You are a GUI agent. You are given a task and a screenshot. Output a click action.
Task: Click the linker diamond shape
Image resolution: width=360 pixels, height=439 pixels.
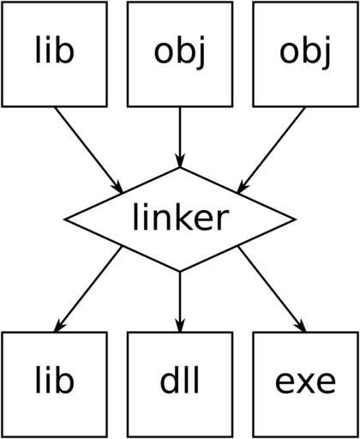point(180,219)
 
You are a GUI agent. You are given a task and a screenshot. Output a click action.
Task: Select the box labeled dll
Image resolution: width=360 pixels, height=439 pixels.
point(180,384)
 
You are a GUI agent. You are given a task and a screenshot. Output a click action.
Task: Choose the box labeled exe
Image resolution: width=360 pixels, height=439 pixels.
point(306,384)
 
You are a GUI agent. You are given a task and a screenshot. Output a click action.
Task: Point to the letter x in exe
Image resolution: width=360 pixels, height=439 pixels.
point(306,382)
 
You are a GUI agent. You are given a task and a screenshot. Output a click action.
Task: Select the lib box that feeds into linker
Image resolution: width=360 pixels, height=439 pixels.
point(54,54)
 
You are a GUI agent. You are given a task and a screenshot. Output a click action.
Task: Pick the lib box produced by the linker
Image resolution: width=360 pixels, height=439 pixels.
point(54,384)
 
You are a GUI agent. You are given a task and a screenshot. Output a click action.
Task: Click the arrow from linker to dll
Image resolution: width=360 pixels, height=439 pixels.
point(180,302)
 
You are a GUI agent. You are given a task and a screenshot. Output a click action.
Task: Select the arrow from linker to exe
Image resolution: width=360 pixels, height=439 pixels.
point(272,289)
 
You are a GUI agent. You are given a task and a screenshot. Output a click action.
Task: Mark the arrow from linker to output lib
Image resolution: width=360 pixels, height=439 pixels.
point(88,289)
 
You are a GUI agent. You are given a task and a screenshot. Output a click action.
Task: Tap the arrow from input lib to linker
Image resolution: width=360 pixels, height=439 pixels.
point(88,150)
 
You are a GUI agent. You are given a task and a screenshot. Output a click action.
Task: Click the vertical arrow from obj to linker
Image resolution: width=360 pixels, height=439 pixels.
point(180,137)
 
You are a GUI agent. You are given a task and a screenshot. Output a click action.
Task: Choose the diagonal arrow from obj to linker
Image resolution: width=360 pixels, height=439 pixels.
point(271,150)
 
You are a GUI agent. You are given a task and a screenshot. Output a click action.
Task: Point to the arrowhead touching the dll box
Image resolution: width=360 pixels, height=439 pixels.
point(180,325)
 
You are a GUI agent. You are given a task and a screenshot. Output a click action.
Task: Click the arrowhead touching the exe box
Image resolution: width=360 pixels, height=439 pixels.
point(302,327)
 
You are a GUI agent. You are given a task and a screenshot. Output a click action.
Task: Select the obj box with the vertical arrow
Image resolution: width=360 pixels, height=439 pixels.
point(180,54)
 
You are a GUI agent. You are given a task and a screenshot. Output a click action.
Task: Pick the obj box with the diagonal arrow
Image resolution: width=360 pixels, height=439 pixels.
point(306,54)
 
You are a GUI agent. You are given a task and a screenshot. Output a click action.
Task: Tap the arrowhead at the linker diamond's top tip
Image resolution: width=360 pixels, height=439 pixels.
point(180,160)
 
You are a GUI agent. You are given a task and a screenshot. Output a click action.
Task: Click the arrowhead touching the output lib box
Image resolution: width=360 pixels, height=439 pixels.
point(58,327)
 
